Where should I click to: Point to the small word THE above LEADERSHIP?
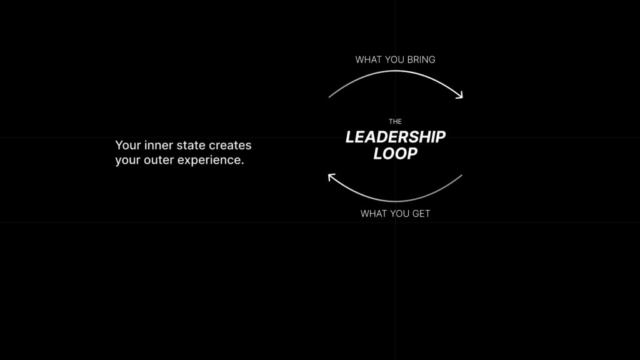point(395,121)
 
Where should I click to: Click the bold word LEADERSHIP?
point(396,137)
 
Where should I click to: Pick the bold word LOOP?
point(396,154)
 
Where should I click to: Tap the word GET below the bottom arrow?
point(421,214)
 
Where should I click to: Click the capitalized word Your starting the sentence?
point(128,145)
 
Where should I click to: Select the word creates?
point(230,145)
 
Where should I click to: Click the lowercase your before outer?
point(127,160)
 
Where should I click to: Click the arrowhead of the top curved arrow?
point(460,96)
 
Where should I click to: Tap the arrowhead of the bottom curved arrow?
point(331,177)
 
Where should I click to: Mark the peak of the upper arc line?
point(395,71)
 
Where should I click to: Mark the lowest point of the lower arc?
point(395,201)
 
